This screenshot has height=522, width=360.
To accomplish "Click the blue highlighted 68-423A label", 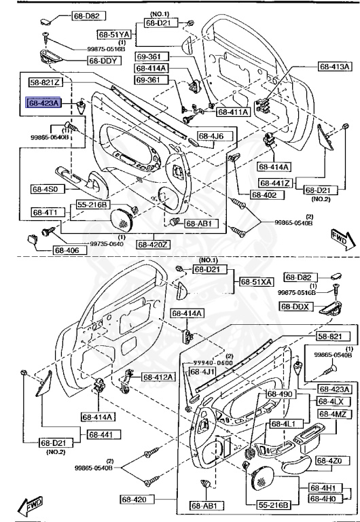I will tap(43, 103).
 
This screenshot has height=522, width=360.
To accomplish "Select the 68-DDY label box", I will tap(103, 60).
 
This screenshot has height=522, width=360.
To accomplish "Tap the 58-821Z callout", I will tap(46, 82).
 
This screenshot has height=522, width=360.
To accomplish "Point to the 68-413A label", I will tap(335, 67).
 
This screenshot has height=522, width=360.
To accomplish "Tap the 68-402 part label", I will tap(266, 195).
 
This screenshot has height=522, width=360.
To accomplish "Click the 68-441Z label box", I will tap(274, 184).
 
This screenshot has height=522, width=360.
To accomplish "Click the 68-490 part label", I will tap(279, 394).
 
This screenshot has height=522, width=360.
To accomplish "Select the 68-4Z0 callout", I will tap(335, 462).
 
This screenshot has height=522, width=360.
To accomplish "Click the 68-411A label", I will tap(232, 111).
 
